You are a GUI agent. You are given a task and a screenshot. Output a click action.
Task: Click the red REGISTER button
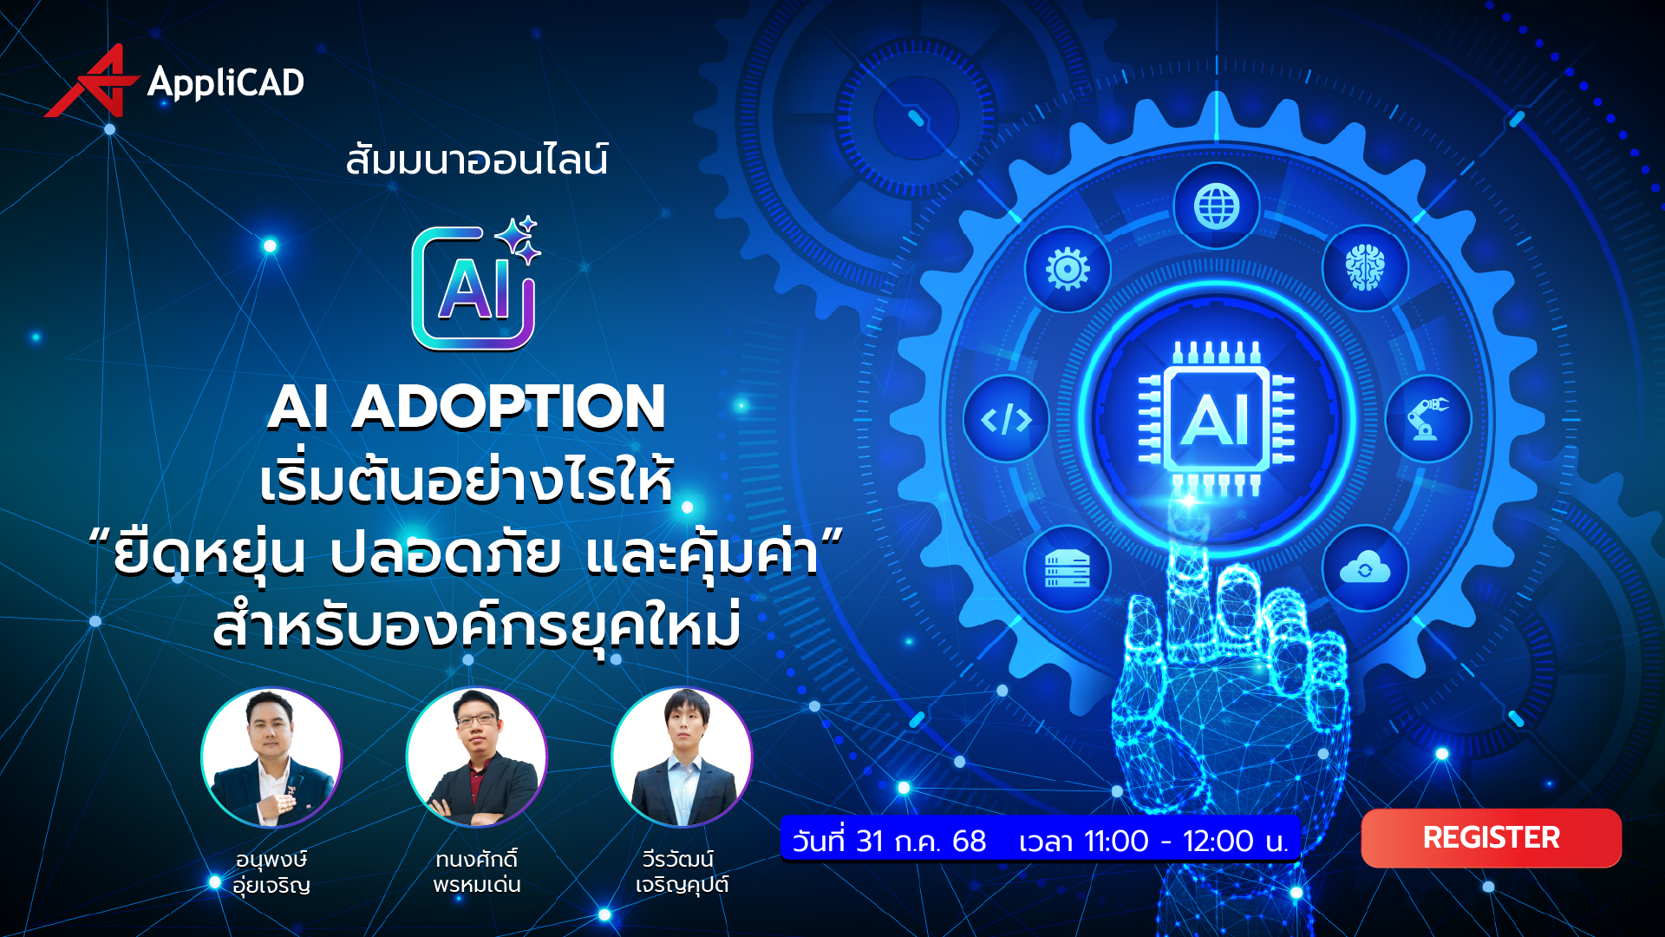pyautogui.click(x=1491, y=838)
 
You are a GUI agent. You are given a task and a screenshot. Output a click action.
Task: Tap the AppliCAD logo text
pyautogui.click(x=225, y=82)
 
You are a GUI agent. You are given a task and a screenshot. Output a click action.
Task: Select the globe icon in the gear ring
pyautogui.click(x=1216, y=206)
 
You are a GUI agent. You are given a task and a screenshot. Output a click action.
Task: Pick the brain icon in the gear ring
pyautogui.click(x=1365, y=267)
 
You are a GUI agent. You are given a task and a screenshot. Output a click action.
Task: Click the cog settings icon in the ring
pyautogui.click(x=1068, y=269)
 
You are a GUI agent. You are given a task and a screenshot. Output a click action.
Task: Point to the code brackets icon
pyautogui.click(x=1006, y=420)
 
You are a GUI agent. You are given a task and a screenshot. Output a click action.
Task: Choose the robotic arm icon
pyautogui.click(x=1427, y=418)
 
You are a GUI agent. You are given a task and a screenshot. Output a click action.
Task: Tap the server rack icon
pyautogui.click(x=1068, y=569)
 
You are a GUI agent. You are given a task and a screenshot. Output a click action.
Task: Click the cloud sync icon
pyautogui.click(x=1365, y=569)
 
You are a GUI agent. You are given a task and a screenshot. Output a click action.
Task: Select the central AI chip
pyautogui.click(x=1216, y=419)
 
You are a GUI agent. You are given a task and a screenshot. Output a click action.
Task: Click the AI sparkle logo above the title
pyautogui.click(x=475, y=285)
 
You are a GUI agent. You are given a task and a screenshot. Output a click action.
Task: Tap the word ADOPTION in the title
pyautogui.click(x=508, y=407)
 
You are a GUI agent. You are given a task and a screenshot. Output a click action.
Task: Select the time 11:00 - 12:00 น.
pyautogui.click(x=1153, y=841)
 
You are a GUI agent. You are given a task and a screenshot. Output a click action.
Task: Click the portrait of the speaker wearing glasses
pyautogui.click(x=477, y=757)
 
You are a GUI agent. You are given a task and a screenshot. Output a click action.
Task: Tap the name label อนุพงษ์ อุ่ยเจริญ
pyautogui.click(x=271, y=872)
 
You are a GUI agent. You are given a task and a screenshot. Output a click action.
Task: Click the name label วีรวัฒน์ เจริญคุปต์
pyautogui.click(x=682, y=872)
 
